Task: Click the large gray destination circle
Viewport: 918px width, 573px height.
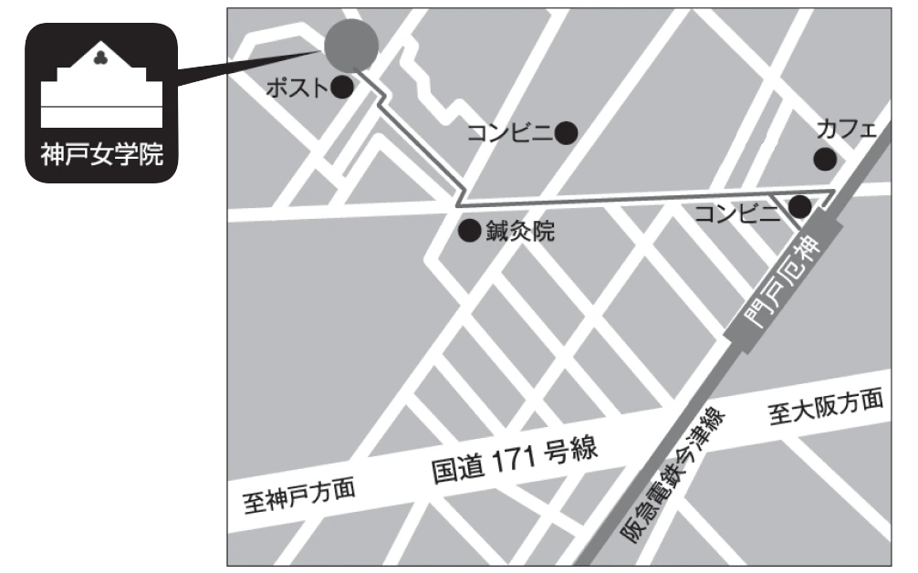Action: pyautogui.click(x=351, y=46)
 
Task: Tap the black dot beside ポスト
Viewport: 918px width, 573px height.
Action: pyautogui.click(x=342, y=88)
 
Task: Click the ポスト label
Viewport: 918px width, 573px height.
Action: pyautogui.click(x=297, y=89)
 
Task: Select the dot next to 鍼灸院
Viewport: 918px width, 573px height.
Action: pyautogui.click(x=469, y=231)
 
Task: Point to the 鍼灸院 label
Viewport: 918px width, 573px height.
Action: pyautogui.click(x=519, y=232)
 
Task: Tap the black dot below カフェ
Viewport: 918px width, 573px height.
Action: pyautogui.click(x=825, y=159)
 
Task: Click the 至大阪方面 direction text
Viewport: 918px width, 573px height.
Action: pyautogui.click(x=826, y=408)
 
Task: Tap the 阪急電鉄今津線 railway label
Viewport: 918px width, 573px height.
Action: pyautogui.click(x=676, y=478)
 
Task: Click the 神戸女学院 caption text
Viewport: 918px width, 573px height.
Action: pyautogui.click(x=101, y=155)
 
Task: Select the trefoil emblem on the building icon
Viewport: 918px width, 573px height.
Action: pyautogui.click(x=101, y=59)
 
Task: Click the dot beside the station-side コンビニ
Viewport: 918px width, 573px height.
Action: pyautogui.click(x=799, y=207)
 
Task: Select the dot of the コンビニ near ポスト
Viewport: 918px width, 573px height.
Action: pyautogui.click(x=567, y=133)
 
